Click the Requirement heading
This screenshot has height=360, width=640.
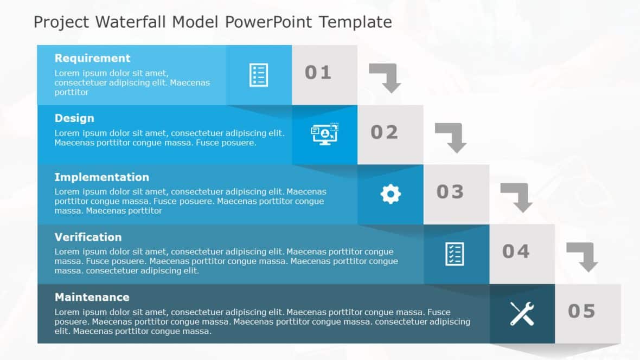(92, 59)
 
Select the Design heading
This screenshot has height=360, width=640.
(74, 118)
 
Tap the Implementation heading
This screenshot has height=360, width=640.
(101, 177)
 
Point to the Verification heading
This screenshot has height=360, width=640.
(88, 237)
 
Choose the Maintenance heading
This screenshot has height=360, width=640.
(92, 297)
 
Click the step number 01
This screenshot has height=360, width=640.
(318, 73)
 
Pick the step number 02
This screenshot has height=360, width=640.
(384, 132)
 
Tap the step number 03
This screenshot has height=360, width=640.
(450, 192)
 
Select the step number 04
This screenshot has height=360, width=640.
(516, 252)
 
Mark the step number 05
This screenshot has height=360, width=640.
(581, 311)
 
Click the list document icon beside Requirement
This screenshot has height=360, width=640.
(259, 75)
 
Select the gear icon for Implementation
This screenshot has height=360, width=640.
(391, 194)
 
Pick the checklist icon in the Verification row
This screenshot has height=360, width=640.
(455, 254)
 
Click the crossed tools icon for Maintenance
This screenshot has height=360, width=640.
(522, 313)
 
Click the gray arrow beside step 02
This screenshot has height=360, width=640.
(452, 137)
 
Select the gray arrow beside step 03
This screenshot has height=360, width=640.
(518, 196)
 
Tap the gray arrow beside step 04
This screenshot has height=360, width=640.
(584, 256)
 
